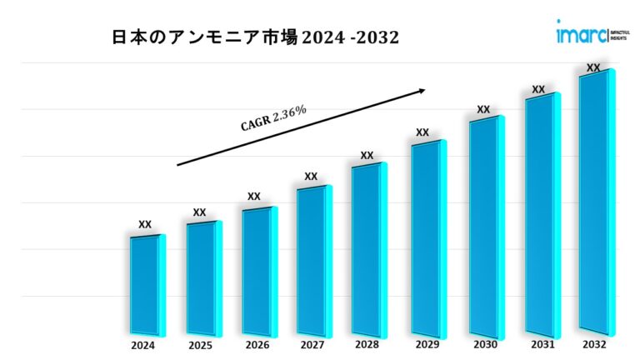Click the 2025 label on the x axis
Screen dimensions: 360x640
point(199,344)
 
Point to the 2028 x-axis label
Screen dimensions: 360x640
point(366,344)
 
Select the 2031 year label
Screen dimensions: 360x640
point(538,344)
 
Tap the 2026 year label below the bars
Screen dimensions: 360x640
point(256,344)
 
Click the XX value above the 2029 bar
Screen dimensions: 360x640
point(422,132)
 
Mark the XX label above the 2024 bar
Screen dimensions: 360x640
point(145,223)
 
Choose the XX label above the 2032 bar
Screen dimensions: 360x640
point(593,67)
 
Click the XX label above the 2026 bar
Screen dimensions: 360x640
point(254,196)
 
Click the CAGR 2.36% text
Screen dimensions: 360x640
point(273,118)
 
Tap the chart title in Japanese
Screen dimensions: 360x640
point(255,37)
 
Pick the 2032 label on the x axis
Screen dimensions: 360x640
point(595,344)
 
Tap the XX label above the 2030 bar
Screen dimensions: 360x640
point(483,109)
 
